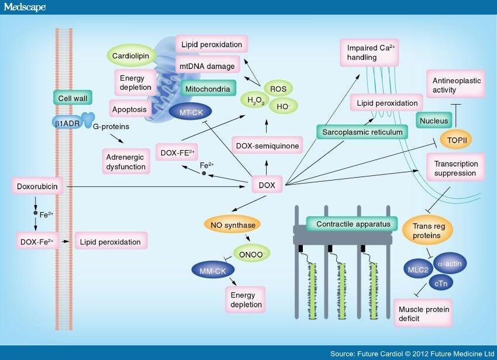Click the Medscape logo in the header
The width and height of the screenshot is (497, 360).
pyautogui.click(x=23, y=8)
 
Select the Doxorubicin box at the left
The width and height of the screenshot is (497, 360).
pyautogui.click(x=36, y=186)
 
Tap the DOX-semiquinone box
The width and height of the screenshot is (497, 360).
pyautogui.click(x=267, y=145)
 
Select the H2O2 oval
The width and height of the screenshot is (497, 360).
pyautogui.click(x=256, y=101)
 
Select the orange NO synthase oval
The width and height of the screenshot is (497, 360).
pyautogui.click(x=232, y=224)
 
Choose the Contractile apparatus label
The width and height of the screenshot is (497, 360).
pyautogui.click(x=348, y=224)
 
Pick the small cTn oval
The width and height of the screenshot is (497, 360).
pyautogui.click(x=442, y=282)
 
